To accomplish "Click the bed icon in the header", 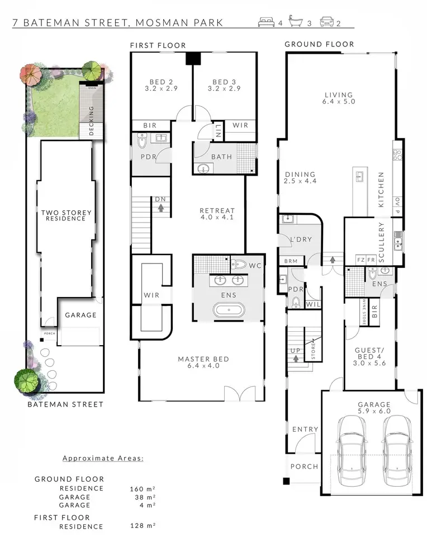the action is [266, 22].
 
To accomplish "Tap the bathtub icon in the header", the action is [296, 21].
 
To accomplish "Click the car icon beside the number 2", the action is [327, 22].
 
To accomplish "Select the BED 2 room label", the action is [161, 85].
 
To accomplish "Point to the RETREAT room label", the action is [217, 214].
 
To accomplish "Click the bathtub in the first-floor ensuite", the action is [229, 310].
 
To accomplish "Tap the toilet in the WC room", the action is [239, 265].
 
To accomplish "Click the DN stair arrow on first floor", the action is [161, 208].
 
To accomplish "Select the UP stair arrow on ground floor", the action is [296, 359].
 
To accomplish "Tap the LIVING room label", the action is [339, 98].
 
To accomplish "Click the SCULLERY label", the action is [382, 242].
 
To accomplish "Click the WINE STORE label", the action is [364, 312].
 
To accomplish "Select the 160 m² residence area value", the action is [143, 489].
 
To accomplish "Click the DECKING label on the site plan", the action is [91, 121].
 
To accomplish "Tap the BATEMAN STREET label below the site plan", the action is [65, 404].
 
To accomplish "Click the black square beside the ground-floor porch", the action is [286, 481].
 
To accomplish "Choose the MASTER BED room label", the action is [203, 362].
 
